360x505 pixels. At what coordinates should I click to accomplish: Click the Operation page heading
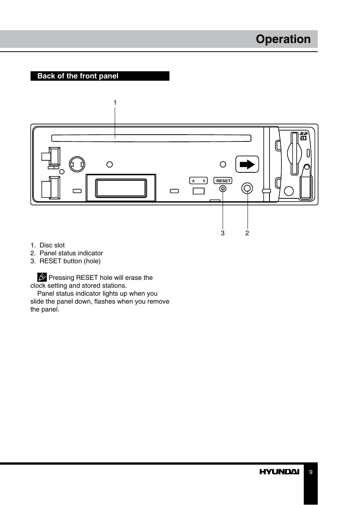click(283, 39)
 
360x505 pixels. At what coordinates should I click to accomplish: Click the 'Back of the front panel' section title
click(78, 76)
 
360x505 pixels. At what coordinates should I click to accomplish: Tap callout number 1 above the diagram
click(115, 103)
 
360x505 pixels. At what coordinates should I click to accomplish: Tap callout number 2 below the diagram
click(247, 233)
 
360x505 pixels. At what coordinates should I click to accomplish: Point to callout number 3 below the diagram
click(223, 233)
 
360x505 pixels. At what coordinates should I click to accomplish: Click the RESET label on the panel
click(223, 181)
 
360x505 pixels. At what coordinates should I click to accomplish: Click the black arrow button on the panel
click(247, 164)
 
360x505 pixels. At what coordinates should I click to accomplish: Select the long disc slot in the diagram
click(151, 138)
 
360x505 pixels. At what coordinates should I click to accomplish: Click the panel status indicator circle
click(248, 188)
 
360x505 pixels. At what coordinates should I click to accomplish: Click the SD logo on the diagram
click(304, 133)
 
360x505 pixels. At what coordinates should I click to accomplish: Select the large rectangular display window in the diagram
click(121, 188)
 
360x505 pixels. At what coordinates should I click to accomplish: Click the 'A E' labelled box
click(198, 181)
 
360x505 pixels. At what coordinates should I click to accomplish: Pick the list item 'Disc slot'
click(52, 245)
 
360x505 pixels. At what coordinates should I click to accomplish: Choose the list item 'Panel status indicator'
click(71, 253)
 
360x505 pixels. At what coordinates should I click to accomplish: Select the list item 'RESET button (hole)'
click(70, 261)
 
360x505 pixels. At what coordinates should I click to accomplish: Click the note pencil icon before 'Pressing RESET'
click(42, 278)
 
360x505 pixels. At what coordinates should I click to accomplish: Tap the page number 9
click(311, 472)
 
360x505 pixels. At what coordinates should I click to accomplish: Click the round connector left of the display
click(77, 164)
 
